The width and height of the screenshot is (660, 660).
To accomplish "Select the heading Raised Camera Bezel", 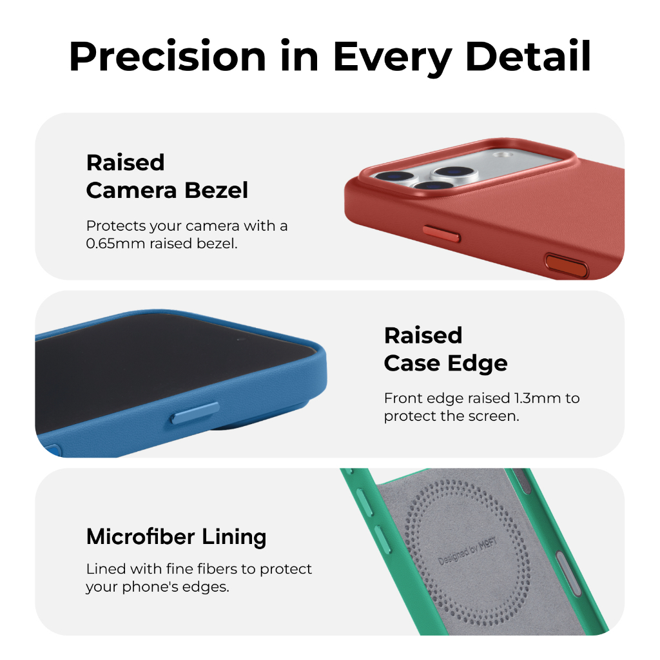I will [167, 176].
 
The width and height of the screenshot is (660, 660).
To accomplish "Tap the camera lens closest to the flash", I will [453, 171].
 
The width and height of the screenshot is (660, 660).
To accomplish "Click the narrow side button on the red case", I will [442, 233].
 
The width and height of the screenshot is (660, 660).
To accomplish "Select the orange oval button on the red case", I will [566, 264].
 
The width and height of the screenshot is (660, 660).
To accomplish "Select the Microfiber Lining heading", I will [176, 537].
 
